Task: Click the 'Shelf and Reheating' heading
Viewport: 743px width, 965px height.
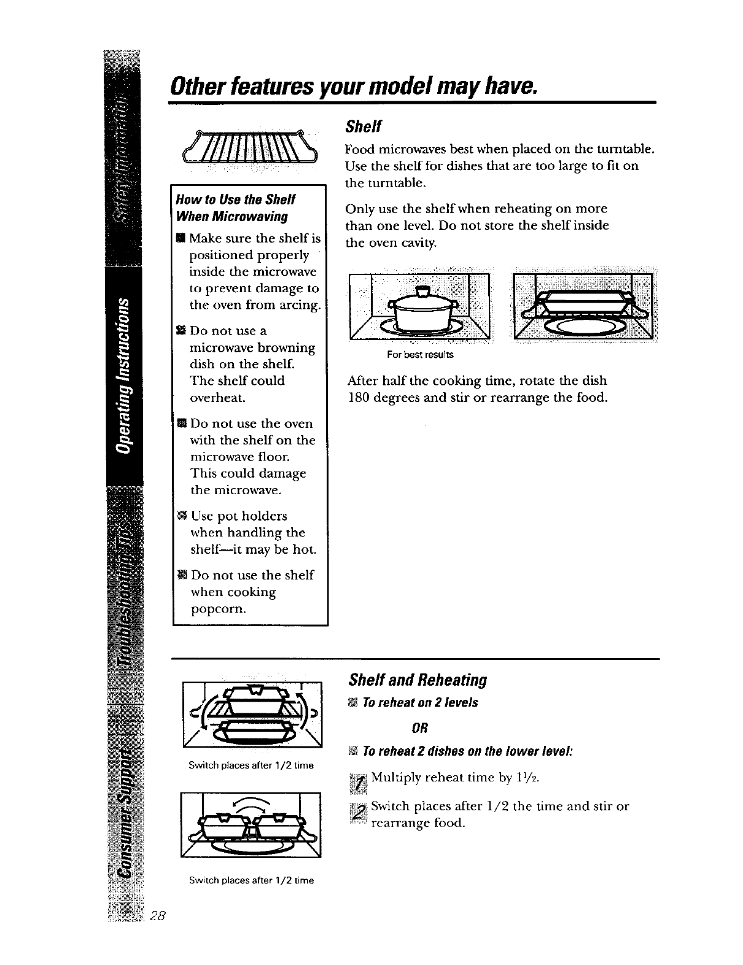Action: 417,680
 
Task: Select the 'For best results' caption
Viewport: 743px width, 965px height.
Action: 420,355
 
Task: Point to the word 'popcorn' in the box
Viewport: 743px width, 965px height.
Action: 219,609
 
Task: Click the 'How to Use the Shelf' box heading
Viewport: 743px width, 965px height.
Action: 236,200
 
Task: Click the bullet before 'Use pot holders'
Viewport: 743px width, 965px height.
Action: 181,516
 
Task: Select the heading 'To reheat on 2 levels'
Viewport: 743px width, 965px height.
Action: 419,702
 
